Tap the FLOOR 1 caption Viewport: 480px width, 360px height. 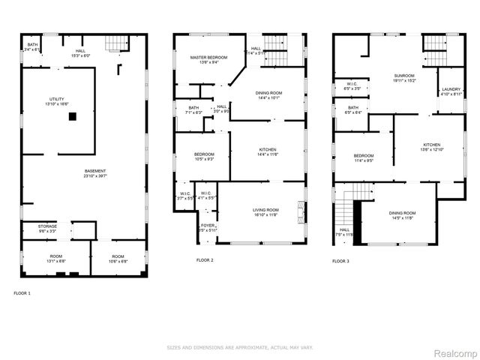tap(22, 292)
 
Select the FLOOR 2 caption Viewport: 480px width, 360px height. tap(205, 260)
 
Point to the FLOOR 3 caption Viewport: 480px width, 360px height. tap(340, 261)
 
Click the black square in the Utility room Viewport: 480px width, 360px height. tap(72, 116)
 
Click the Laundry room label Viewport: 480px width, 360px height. tap(451, 91)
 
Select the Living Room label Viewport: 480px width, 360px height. tap(265, 212)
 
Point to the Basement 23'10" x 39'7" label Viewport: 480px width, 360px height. tap(95, 173)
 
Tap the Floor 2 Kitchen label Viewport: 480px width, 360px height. tap(268, 151)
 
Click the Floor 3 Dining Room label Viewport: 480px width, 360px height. tap(402, 216)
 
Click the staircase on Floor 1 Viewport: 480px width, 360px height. tap(113, 44)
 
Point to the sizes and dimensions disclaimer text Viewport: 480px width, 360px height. tap(240, 347)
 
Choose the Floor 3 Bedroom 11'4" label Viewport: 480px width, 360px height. tap(364, 157)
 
